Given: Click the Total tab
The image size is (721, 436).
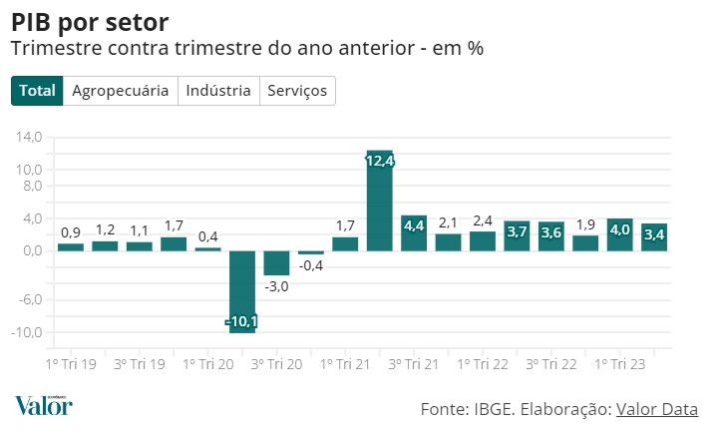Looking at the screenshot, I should [x=38, y=91].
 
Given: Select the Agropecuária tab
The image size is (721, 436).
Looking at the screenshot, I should [x=121, y=91].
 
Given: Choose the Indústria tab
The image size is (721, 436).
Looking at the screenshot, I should [x=218, y=91].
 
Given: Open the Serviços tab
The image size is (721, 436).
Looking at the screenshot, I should [x=298, y=91].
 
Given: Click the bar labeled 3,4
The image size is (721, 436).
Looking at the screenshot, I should [x=654, y=237].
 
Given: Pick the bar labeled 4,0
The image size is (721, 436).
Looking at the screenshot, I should [x=619, y=234].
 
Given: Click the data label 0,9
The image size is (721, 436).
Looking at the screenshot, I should [x=71, y=233].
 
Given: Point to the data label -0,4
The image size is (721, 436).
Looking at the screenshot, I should [x=311, y=265].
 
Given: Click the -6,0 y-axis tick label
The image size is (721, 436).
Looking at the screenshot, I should [x=30, y=299].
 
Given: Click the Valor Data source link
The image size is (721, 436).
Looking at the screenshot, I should [x=657, y=409].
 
